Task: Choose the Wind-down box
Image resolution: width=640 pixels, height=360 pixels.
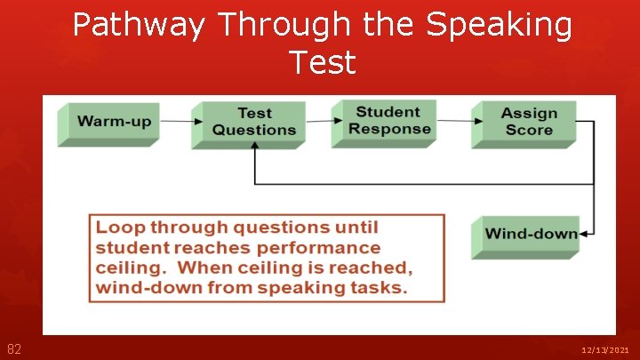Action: pos(531,235)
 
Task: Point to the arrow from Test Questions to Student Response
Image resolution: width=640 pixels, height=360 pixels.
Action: pos(318,121)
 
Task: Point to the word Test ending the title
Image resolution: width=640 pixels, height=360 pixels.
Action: pos(322,62)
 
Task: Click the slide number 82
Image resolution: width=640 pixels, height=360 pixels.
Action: pos(14,349)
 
